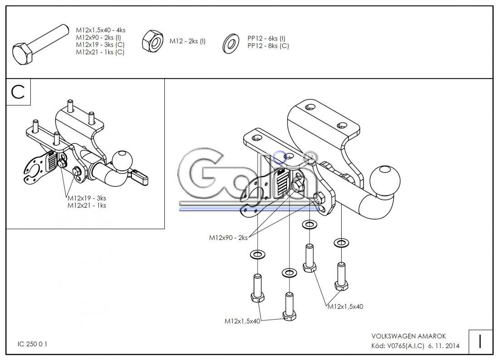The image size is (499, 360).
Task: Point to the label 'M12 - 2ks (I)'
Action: click(x=187, y=41)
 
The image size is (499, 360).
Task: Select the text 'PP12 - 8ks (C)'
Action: click(x=268, y=45)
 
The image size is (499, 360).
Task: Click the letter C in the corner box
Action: click(x=18, y=92)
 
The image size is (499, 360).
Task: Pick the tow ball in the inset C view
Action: click(x=124, y=160)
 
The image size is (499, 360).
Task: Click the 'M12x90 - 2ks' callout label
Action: click(x=228, y=237)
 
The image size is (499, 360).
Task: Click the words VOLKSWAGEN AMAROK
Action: click(x=408, y=336)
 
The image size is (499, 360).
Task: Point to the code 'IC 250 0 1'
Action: click(x=33, y=344)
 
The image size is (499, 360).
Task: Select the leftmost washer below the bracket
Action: click(x=257, y=253)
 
